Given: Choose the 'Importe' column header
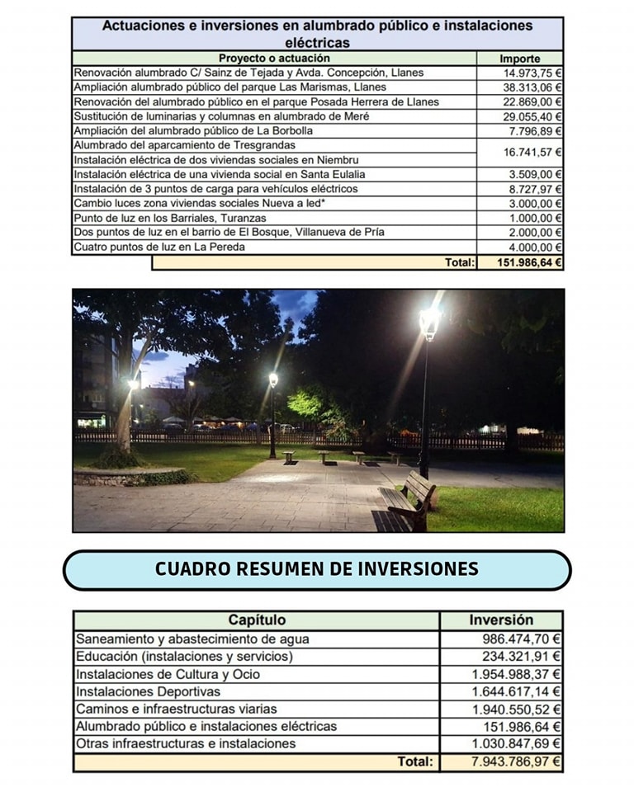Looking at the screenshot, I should coord(520,59).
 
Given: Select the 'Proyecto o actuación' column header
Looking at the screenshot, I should coord(273,59).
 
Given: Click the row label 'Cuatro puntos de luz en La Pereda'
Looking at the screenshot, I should coord(159,247).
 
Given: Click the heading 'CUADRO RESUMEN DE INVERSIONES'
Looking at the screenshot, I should coord(317,569).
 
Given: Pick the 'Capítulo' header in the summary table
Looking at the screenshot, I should coord(257,620).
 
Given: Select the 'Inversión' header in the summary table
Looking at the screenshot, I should coord(501,620).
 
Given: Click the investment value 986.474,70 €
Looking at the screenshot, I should coord(521,639).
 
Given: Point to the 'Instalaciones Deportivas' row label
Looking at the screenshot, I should coord(149,691).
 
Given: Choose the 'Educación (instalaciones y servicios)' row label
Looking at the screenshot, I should coord(184,657).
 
